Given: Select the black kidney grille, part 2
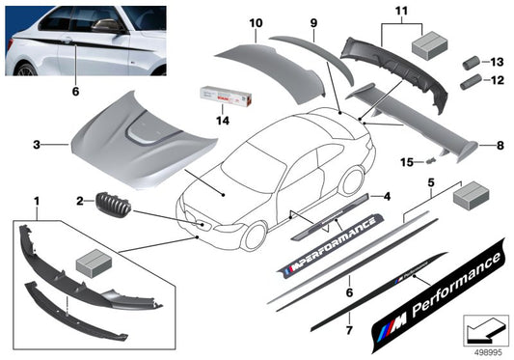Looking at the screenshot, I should (113, 206).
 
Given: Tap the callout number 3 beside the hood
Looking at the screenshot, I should (37, 145).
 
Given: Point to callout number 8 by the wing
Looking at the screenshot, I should (499, 146).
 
